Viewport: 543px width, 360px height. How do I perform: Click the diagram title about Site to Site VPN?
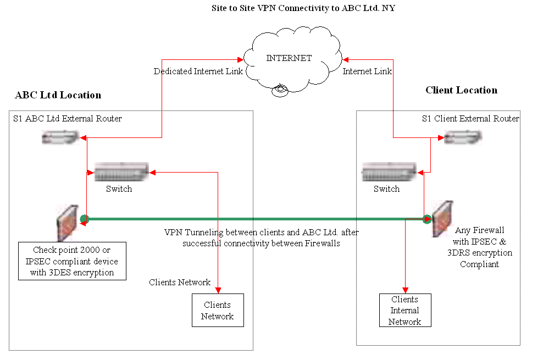303,9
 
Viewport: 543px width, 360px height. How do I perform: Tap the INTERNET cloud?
289,60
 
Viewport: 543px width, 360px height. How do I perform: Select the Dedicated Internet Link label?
198,71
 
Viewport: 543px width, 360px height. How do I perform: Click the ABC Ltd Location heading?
58,95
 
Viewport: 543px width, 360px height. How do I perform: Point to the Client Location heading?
461,90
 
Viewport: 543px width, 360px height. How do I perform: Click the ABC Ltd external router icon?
61,137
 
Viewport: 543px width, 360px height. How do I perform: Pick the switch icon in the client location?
388,172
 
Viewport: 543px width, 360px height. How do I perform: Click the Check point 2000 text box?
71,261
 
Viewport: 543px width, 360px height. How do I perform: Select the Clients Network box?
218,311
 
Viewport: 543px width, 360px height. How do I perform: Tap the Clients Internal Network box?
405,311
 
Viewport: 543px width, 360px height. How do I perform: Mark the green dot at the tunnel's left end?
84,220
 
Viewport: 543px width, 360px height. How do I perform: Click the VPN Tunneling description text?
261,237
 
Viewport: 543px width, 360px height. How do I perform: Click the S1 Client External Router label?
470,118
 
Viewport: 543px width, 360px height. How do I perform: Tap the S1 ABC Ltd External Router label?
67,118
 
